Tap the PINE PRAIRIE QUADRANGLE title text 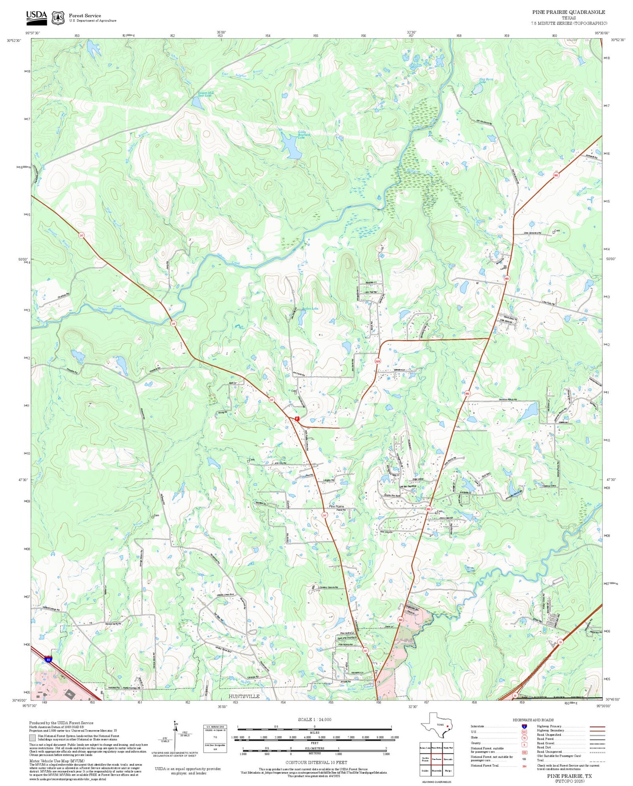[x=568, y=12]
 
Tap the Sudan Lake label [x=310, y=309]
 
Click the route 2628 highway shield [x=378, y=361]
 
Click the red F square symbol [x=297, y=419]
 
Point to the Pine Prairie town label [x=336, y=506]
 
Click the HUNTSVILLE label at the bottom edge [x=244, y=696]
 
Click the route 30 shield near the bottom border [x=515, y=695]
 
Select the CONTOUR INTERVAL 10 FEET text [x=316, y=762]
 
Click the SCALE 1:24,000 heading [x=314, y=719]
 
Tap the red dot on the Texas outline [x=447, y=726]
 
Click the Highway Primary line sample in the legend [x=595, y=726]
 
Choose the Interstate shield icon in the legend [x=524, y=726]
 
